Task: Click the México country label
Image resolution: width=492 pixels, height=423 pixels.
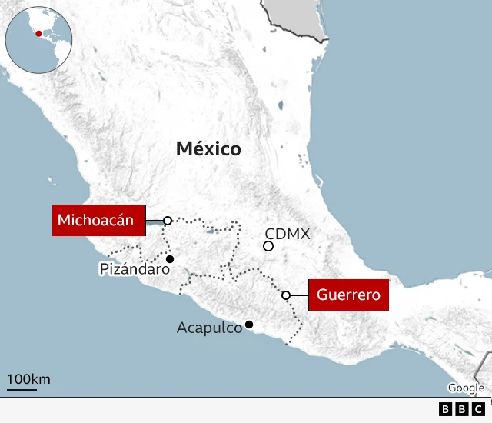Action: point(208,148)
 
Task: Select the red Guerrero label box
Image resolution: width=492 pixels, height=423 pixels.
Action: point(348,295)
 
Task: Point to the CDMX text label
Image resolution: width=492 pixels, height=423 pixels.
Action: point(287,233)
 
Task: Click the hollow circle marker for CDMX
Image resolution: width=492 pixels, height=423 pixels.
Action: point(268,246)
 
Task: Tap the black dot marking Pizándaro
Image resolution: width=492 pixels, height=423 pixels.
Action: point(170,259)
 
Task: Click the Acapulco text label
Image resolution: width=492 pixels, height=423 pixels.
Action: point(209,328)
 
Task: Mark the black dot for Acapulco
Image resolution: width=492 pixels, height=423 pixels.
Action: point(248,325)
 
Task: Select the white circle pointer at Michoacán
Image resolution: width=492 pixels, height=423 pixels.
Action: point(168,221)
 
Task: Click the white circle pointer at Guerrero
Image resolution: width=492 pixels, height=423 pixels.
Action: point(286,295)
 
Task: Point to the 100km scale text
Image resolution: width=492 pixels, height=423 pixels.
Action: point(28,378)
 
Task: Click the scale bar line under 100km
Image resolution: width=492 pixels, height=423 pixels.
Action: point(22,388)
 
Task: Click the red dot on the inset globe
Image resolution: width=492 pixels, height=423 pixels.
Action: point(38,34)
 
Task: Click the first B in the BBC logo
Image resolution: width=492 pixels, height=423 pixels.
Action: point(446,409)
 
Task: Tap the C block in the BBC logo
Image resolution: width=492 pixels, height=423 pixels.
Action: point(478,409)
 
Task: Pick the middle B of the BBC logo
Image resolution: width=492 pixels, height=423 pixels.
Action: point(462,409)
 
